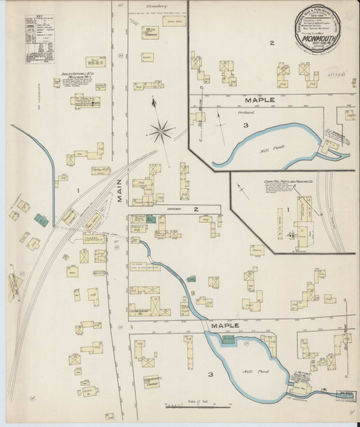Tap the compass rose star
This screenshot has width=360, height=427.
(163, 130)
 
